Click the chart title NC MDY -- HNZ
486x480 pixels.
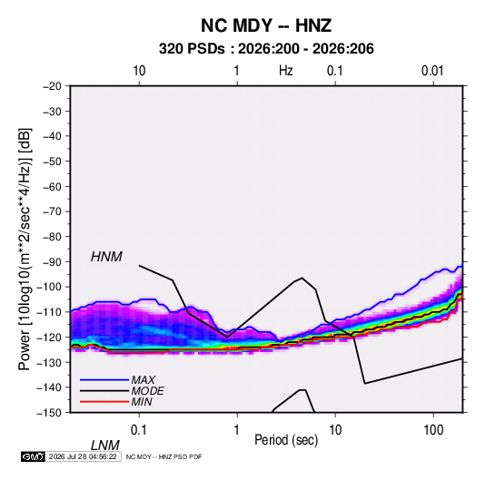click(266, 25)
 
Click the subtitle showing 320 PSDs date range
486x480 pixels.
click(266, 49)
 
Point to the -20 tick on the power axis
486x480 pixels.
click(52, 86)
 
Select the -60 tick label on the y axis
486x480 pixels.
click(52, 186)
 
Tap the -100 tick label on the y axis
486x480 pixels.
click(49, 287)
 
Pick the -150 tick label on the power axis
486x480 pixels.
click(49, 413)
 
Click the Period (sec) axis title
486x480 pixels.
click(286, 440)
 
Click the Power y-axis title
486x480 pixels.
click(25, 250)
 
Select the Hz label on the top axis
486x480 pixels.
click(286, 71)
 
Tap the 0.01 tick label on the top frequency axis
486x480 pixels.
click(432, 71)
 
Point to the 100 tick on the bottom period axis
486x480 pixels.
click(433, 430)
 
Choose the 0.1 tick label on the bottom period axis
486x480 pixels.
click(139, 430)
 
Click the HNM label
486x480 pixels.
click(106, 257)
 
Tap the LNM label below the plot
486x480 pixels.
click(104, 446)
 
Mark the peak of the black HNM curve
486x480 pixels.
click(302, 278)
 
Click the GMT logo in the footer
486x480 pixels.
click(33, 456)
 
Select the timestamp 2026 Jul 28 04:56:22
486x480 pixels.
click(83, 456)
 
